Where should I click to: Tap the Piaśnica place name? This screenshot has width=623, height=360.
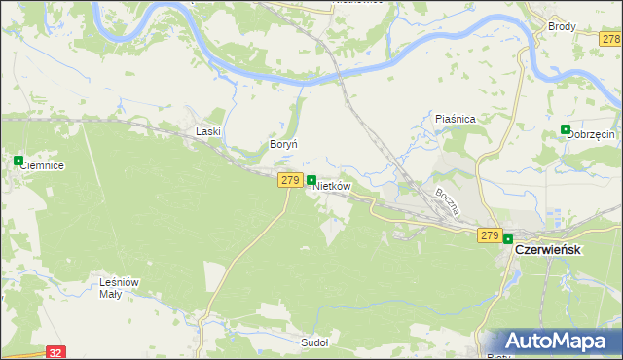coord(455,119)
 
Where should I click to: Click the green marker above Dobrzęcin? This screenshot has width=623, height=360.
coord(566,129)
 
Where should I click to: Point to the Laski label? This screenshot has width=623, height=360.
coord(209,131)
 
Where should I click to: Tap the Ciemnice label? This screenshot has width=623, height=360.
coord(42,166)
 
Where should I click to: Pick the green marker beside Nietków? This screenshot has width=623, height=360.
coord(311,180)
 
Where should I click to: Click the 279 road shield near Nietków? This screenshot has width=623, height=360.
coord(289,180)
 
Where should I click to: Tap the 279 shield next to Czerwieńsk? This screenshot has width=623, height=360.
coord(490,235)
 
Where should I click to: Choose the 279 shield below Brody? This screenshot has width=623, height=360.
coord(611,39)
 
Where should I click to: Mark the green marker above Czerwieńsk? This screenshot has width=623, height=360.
coord(508,238)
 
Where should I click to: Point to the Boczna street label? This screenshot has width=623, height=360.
coord(447,201)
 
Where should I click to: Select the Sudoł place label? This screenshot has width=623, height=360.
coord(314,342)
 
